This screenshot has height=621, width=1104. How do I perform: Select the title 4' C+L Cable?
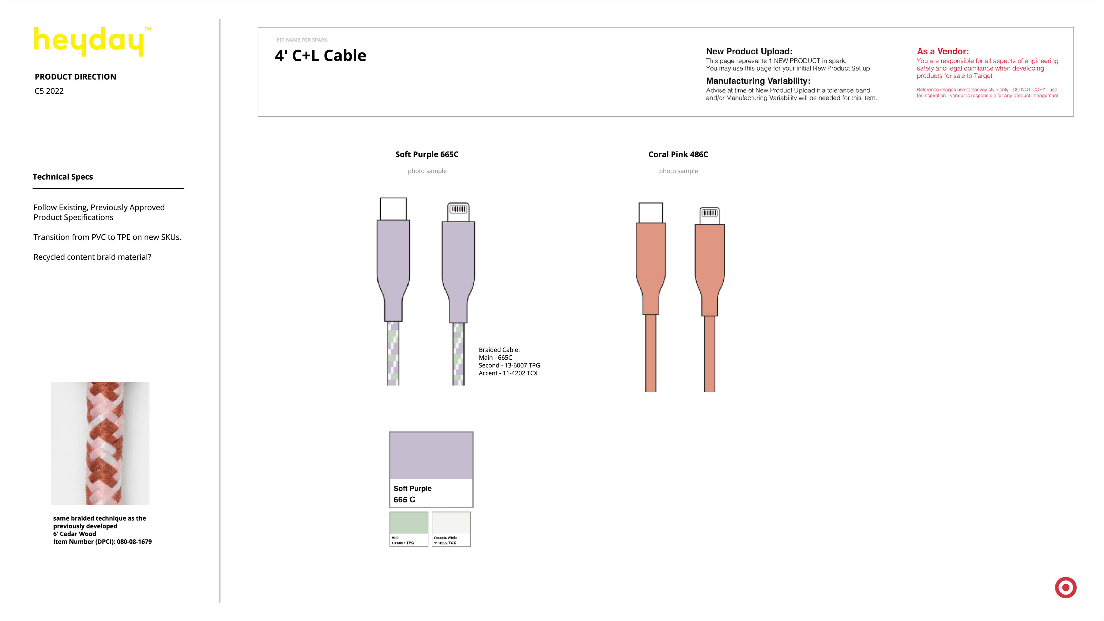[x=321, y=56]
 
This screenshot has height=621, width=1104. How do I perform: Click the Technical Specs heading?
[x=63, y=177]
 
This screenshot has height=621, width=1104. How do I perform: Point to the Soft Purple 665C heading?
[x=427, y=154]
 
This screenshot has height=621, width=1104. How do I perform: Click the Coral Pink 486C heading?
[x=678, y=154]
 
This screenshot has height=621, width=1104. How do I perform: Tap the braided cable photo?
[x=100, y=443]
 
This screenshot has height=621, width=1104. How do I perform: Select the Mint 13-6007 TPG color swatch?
[x=409, y=529]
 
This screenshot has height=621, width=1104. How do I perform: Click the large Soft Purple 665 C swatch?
[x=431, y=469]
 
